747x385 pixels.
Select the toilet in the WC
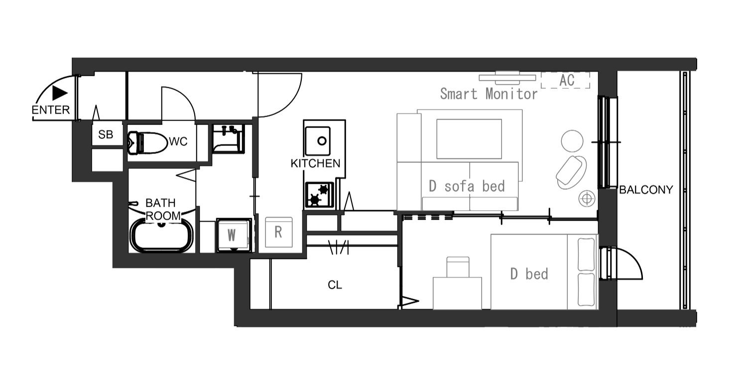pyautogui.click(x=147, y=143)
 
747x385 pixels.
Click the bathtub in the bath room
pyautogui.click(x=161, y=235)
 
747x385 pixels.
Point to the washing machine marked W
pyautogui.click(x=234, y=235)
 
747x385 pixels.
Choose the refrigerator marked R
pyautogui.click(x=279, y=232)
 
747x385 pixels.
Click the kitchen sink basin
pyautogui.click(x=318, y=141)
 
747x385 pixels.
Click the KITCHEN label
pyautogui.click(x=315, y=163)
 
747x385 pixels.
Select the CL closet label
pyautogui.click(x=335, y=285)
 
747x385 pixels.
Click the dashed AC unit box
pyautogui.click(x=565, y=80)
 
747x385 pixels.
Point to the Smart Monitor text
pyautogui.click(x=489, y=94)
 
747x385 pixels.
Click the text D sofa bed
pyautogui.click(x=467, y=186)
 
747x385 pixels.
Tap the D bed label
pyautogui.click(x=529, y=274)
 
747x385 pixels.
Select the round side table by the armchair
pyautogui.click(x=572, y=141)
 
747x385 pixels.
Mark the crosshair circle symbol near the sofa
pyautogui.click(x=587, y=199)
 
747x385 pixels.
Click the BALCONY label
pyautogui.click(x=646, y=190)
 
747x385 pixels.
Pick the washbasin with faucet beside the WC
pyautogui.click(x=228, y=139)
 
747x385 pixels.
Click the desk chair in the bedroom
pyautogui.click(x=458, y=267)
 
